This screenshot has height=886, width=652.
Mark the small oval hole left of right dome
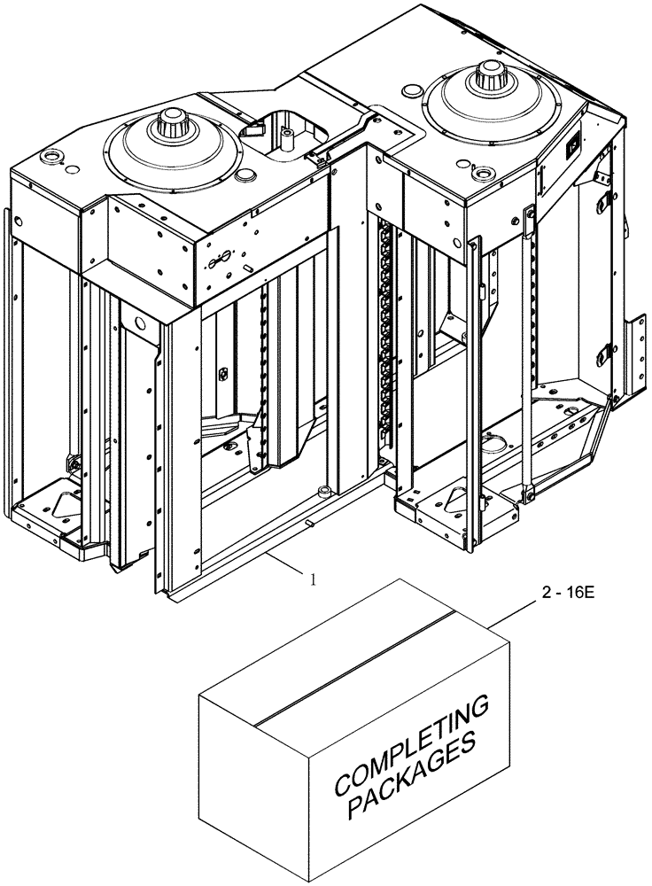[411, 89]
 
